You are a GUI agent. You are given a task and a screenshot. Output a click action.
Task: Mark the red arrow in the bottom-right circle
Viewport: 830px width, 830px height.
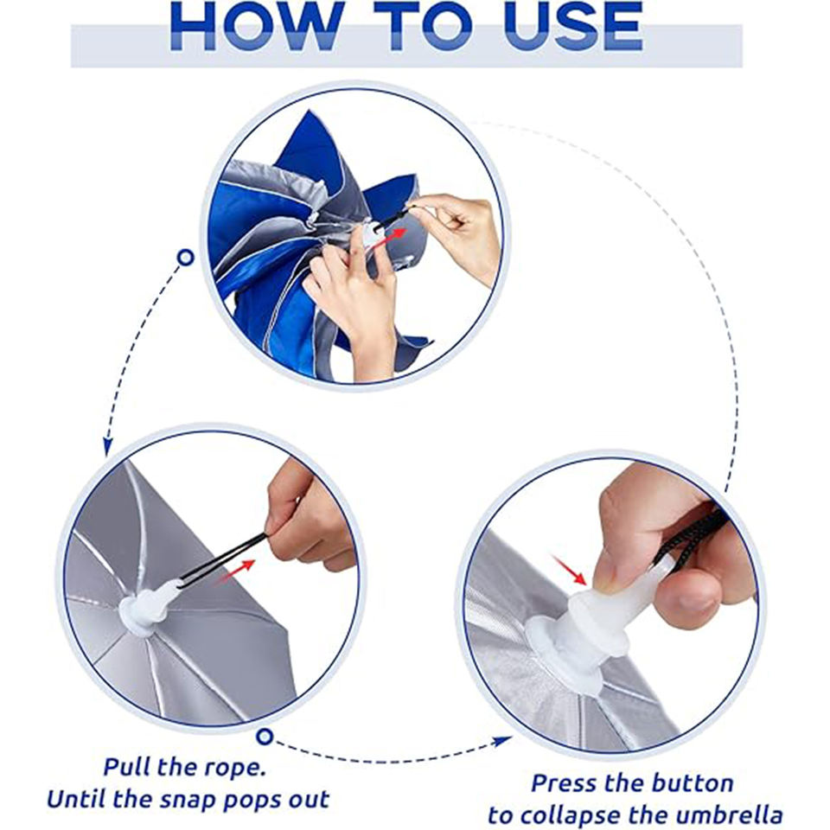(570, 570)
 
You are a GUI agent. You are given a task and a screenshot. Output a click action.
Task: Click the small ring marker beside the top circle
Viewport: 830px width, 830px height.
(185, 258)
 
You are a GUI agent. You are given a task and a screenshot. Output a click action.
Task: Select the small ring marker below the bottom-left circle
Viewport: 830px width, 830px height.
(265, 737)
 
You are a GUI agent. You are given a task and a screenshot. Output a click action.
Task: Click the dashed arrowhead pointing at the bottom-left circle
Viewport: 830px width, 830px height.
(107, 446)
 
